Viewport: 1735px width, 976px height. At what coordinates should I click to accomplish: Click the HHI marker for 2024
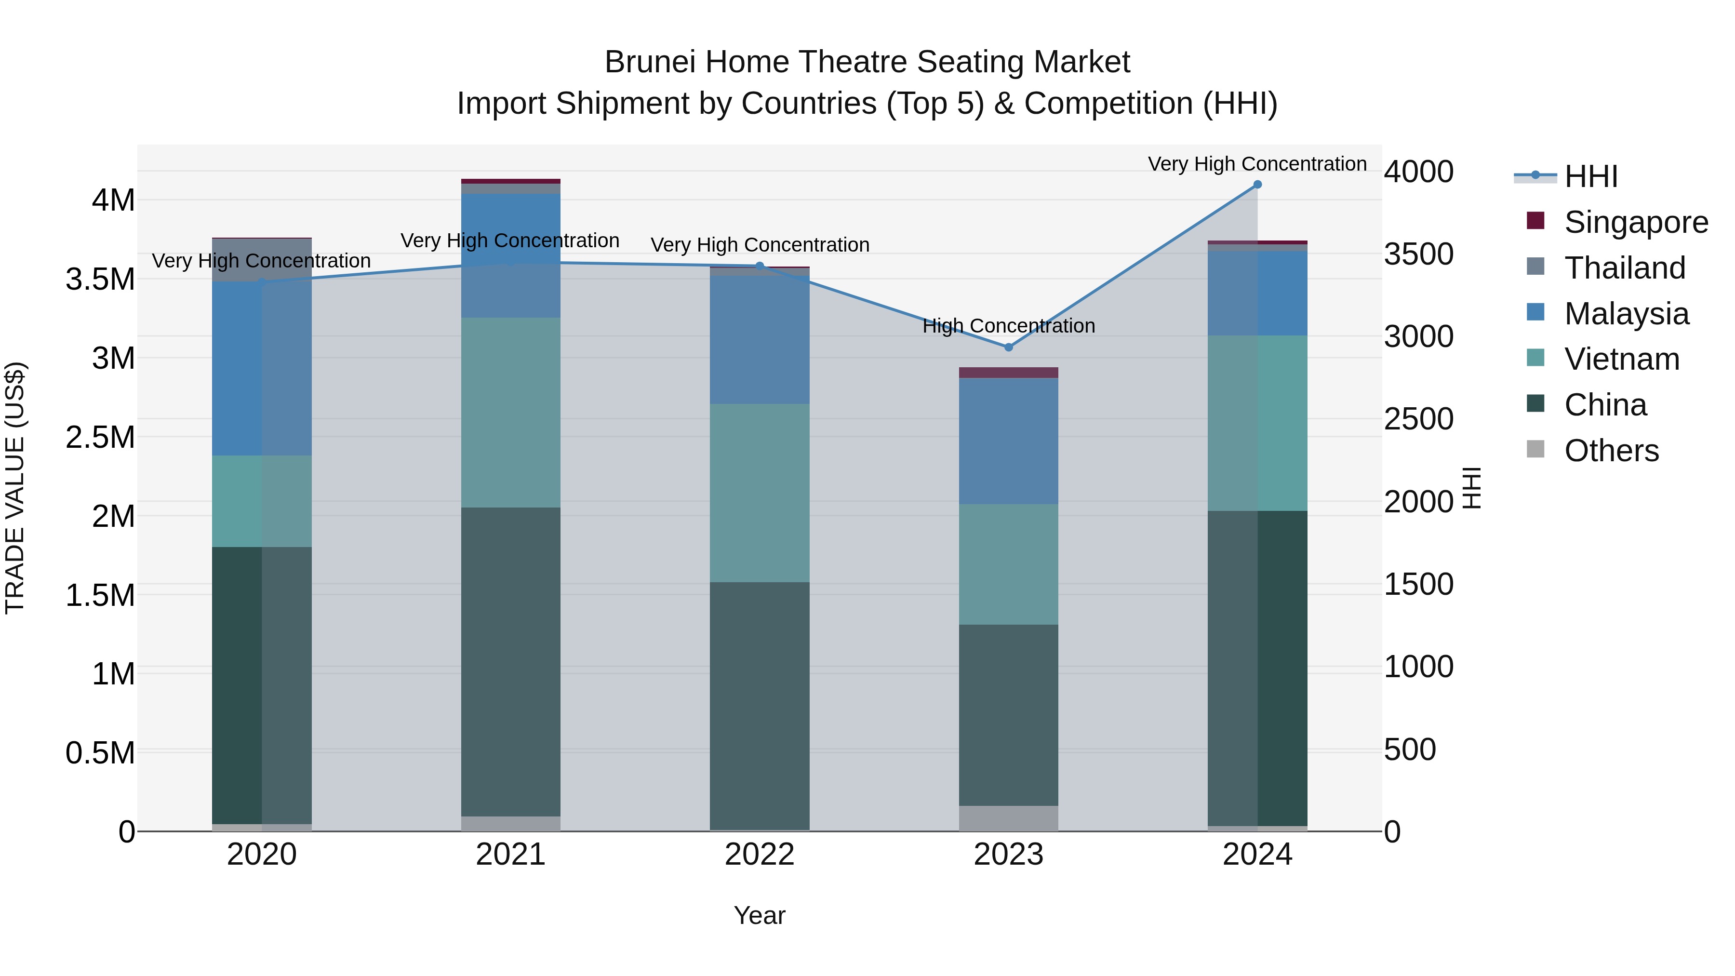point(1257,185)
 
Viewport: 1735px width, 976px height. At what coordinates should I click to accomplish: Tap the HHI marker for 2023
point(1008,348)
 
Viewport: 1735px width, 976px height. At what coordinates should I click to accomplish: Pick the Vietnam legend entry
point(1622,359)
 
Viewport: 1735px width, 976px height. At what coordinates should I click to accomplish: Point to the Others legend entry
point(1611,451)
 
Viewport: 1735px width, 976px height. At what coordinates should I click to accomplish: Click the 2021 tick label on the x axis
point(510,855)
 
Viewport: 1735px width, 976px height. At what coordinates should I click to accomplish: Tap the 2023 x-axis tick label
point(1008,855)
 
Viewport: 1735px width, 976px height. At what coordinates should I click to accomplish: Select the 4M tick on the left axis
point(113,201)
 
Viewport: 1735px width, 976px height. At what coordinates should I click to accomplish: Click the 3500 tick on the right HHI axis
point(1418,254)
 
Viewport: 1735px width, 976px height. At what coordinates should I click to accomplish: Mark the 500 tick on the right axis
point(1410,749)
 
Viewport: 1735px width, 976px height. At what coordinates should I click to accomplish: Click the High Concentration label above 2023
point(1008,326)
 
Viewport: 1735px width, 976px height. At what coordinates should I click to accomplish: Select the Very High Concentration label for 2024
point(1257,164)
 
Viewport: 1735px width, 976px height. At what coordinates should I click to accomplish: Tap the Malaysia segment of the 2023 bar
point(1008,441)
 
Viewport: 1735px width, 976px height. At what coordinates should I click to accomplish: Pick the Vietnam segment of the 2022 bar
point(760,493)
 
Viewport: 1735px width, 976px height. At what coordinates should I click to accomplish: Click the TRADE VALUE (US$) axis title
point(15,488)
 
